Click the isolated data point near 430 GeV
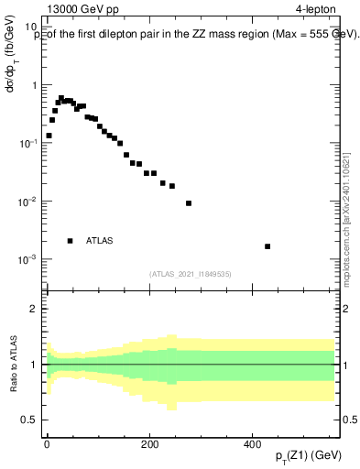[x=267, y=246]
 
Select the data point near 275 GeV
[x=189, y=203]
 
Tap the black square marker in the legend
[x=70, y=241]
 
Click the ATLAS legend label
[x=100, y=241]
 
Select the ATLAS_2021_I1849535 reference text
[x=191, y=274]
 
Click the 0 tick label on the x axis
[x=47, y=443]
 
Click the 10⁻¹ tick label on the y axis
[x=30, y=144]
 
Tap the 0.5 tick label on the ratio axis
[x=30, y=420]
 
